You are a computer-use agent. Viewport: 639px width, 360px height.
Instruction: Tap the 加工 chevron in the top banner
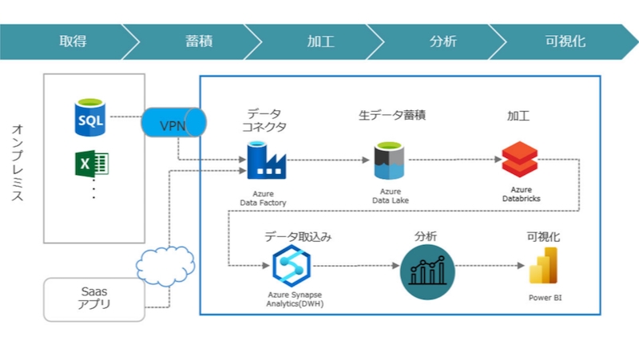[320, 42]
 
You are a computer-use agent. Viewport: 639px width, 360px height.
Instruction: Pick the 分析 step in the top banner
[443, 42]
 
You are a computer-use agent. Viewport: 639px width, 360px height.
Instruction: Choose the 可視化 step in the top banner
[565, 42]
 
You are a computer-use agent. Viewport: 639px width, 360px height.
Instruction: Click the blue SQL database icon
[89, 117]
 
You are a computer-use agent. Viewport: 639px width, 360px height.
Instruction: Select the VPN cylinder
[173, 125]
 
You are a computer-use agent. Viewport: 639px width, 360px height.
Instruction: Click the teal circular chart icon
[426, 271]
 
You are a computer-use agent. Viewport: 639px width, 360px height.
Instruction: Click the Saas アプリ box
[93, 299]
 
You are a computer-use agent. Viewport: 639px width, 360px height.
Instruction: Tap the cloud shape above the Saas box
[166, 263]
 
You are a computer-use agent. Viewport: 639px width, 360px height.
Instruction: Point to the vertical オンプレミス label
[17, 172]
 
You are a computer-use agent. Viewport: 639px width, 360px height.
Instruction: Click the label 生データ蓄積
[391, 115]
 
